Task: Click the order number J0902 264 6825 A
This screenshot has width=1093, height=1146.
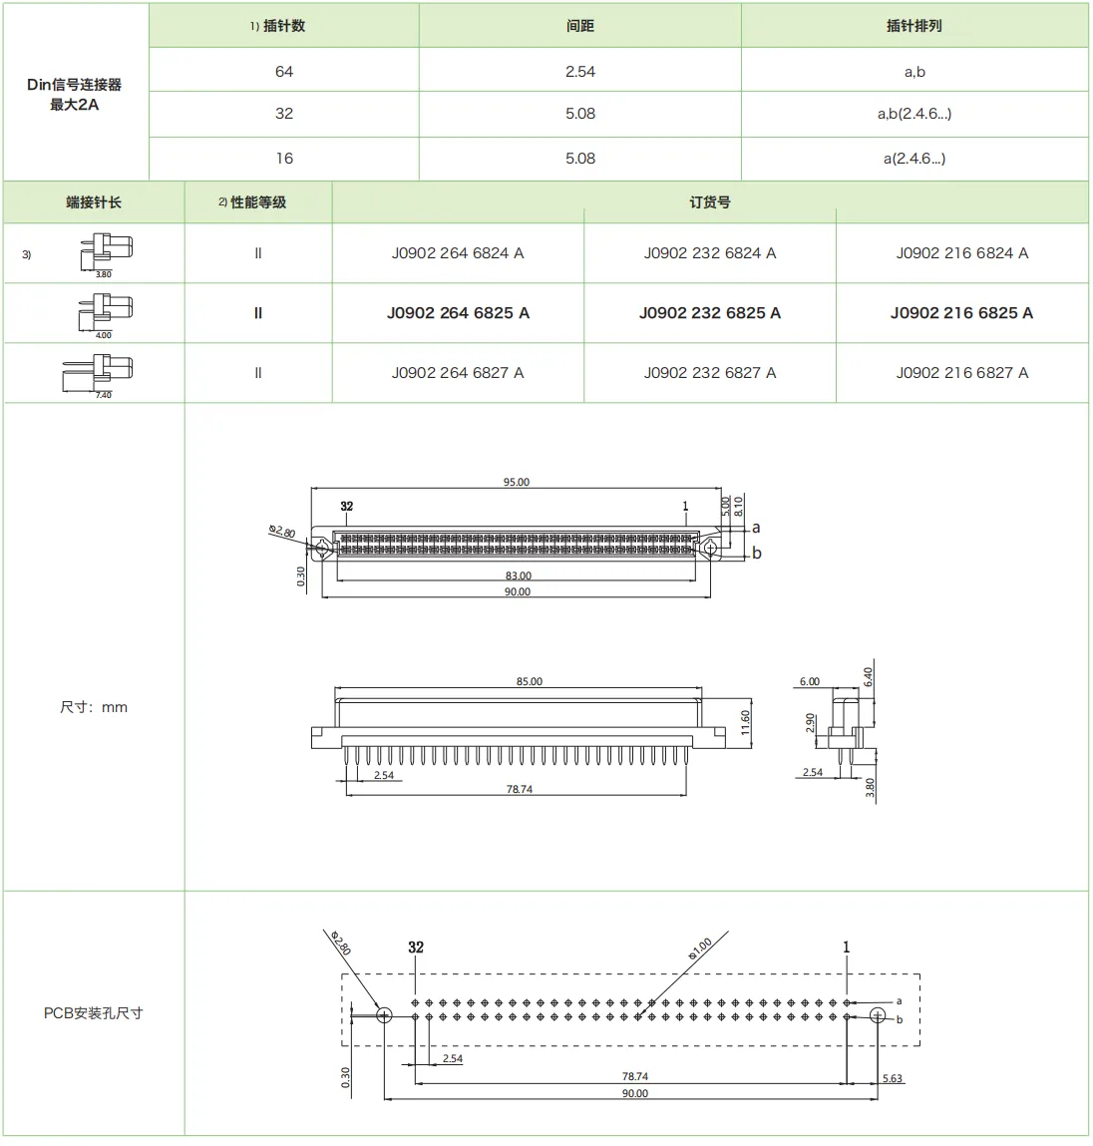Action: coord(458,313)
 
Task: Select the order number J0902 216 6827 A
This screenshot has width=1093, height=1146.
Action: coord(961,373)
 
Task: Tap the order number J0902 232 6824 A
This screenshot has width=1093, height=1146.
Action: coord(709,253)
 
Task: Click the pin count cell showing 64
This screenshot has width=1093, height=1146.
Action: coord(284,72)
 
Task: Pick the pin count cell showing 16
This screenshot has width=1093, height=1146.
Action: coord(284,159)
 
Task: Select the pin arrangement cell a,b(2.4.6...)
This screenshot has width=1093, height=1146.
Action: coord(913,114)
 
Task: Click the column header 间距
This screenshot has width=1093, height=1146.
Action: coord(579,26)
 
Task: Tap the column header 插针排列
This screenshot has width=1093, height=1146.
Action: coord(913,26)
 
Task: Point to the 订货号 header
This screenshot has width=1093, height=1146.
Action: coord(709,202)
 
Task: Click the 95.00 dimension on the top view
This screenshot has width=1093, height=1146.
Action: coord(516,482)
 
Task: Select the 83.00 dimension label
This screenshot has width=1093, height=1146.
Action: coord(518,575)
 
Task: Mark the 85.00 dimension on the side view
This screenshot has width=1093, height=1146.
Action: coord(529,682)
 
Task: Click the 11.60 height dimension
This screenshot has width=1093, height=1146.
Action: coord(746,723)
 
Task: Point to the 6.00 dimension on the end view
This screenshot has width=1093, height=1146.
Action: coord(809,682)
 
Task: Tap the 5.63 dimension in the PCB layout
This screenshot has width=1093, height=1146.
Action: coord(892,1078)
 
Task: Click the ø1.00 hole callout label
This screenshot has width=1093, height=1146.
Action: coord(700,949)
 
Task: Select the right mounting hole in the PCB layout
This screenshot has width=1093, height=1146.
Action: coord(877,1016)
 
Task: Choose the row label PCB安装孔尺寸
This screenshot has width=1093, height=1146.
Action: coord(93,1013)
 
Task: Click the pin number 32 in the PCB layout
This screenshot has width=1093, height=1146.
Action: coord(416,948)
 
